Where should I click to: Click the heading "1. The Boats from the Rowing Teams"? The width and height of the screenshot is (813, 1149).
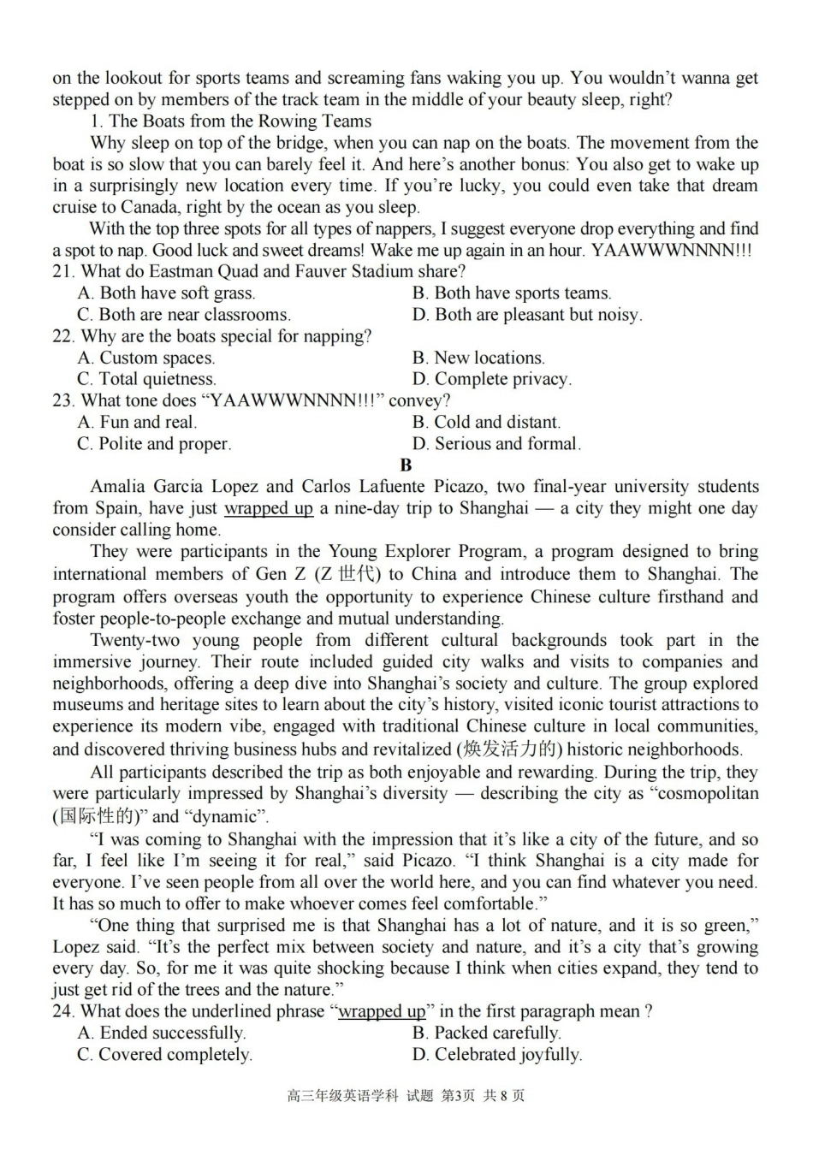230,121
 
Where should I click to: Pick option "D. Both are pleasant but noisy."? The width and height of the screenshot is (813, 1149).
526,315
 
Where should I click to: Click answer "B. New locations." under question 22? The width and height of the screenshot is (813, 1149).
478,358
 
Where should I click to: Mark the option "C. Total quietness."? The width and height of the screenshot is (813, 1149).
146,379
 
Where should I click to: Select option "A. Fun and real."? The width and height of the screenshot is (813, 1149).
137,422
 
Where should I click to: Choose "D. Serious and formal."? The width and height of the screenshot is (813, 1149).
496,444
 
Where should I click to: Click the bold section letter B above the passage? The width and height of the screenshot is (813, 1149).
406,465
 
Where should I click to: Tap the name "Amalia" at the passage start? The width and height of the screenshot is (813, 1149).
119,487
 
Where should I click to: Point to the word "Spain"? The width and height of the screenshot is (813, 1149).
118,508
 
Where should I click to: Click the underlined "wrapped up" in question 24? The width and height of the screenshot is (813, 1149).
382,1011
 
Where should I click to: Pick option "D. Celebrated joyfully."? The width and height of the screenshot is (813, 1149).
496,1055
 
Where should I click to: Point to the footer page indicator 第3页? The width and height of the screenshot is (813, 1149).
457,1096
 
